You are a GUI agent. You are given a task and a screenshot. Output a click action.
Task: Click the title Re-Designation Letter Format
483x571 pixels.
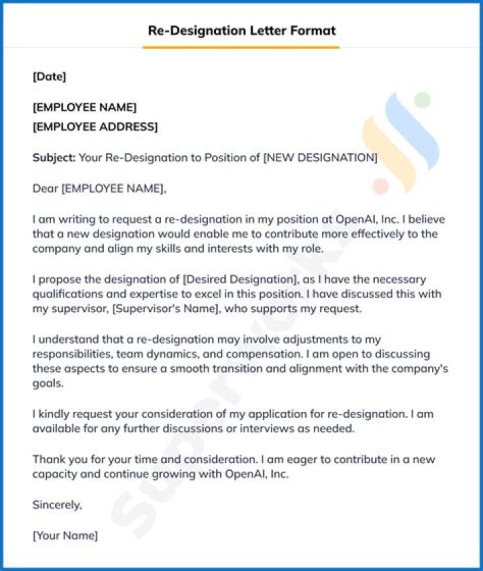pos(241,31)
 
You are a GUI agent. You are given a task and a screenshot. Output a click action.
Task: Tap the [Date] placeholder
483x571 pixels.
pos(50,76)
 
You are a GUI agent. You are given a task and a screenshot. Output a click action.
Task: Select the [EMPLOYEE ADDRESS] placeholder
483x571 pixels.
pos(95,127)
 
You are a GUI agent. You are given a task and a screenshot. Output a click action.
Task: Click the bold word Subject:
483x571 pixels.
pos(54,158)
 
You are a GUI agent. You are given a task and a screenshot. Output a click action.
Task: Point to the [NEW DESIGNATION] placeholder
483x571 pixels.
pos(320,158)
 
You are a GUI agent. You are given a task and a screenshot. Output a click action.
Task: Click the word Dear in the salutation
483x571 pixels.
pos(45,189)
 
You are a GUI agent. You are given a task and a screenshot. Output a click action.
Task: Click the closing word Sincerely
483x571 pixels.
pos(57,505)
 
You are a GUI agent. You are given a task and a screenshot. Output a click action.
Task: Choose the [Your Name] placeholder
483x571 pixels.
pos(65,535)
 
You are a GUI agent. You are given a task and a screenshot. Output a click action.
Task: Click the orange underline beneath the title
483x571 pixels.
pos(241,48)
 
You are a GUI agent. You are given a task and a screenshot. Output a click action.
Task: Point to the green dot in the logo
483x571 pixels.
pos(422,100)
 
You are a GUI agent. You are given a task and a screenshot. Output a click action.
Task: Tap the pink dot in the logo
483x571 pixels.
pos(381,186)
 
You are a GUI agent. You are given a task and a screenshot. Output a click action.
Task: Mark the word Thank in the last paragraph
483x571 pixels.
pos(47,459)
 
